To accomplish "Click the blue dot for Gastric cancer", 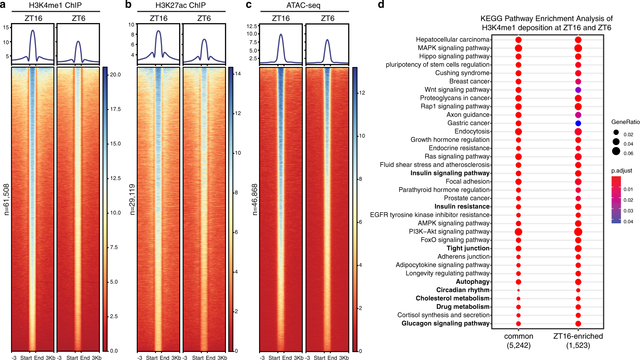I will (x=578, y=123).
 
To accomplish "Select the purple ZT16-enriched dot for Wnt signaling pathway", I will (x=578, y=90).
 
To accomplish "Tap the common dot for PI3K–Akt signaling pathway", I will (x=518, y=232).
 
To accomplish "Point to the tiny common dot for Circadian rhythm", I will (x=518, y=290).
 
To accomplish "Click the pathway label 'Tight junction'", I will (x=468, y=248).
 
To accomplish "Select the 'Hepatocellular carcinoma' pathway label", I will (x=452, y=39).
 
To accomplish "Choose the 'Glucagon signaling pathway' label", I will (x=445, y=323).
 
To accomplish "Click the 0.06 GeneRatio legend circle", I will (x=616, y=151).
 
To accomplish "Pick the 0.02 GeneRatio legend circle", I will (x=616, y=132).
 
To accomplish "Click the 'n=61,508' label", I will (x=6, y=199).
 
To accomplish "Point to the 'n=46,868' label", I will (x=255, y=199).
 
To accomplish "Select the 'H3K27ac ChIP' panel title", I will (x=181, y=5).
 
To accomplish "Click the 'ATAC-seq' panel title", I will (x=303, y=5).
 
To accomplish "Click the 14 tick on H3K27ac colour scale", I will (x=238, y=74).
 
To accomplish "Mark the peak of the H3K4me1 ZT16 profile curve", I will (x=33, y=30).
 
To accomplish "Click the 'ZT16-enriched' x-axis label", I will (x=578, y=336).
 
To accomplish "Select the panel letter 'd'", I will (x=381, y=4).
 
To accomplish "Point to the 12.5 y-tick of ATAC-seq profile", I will (x=252, y=26).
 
